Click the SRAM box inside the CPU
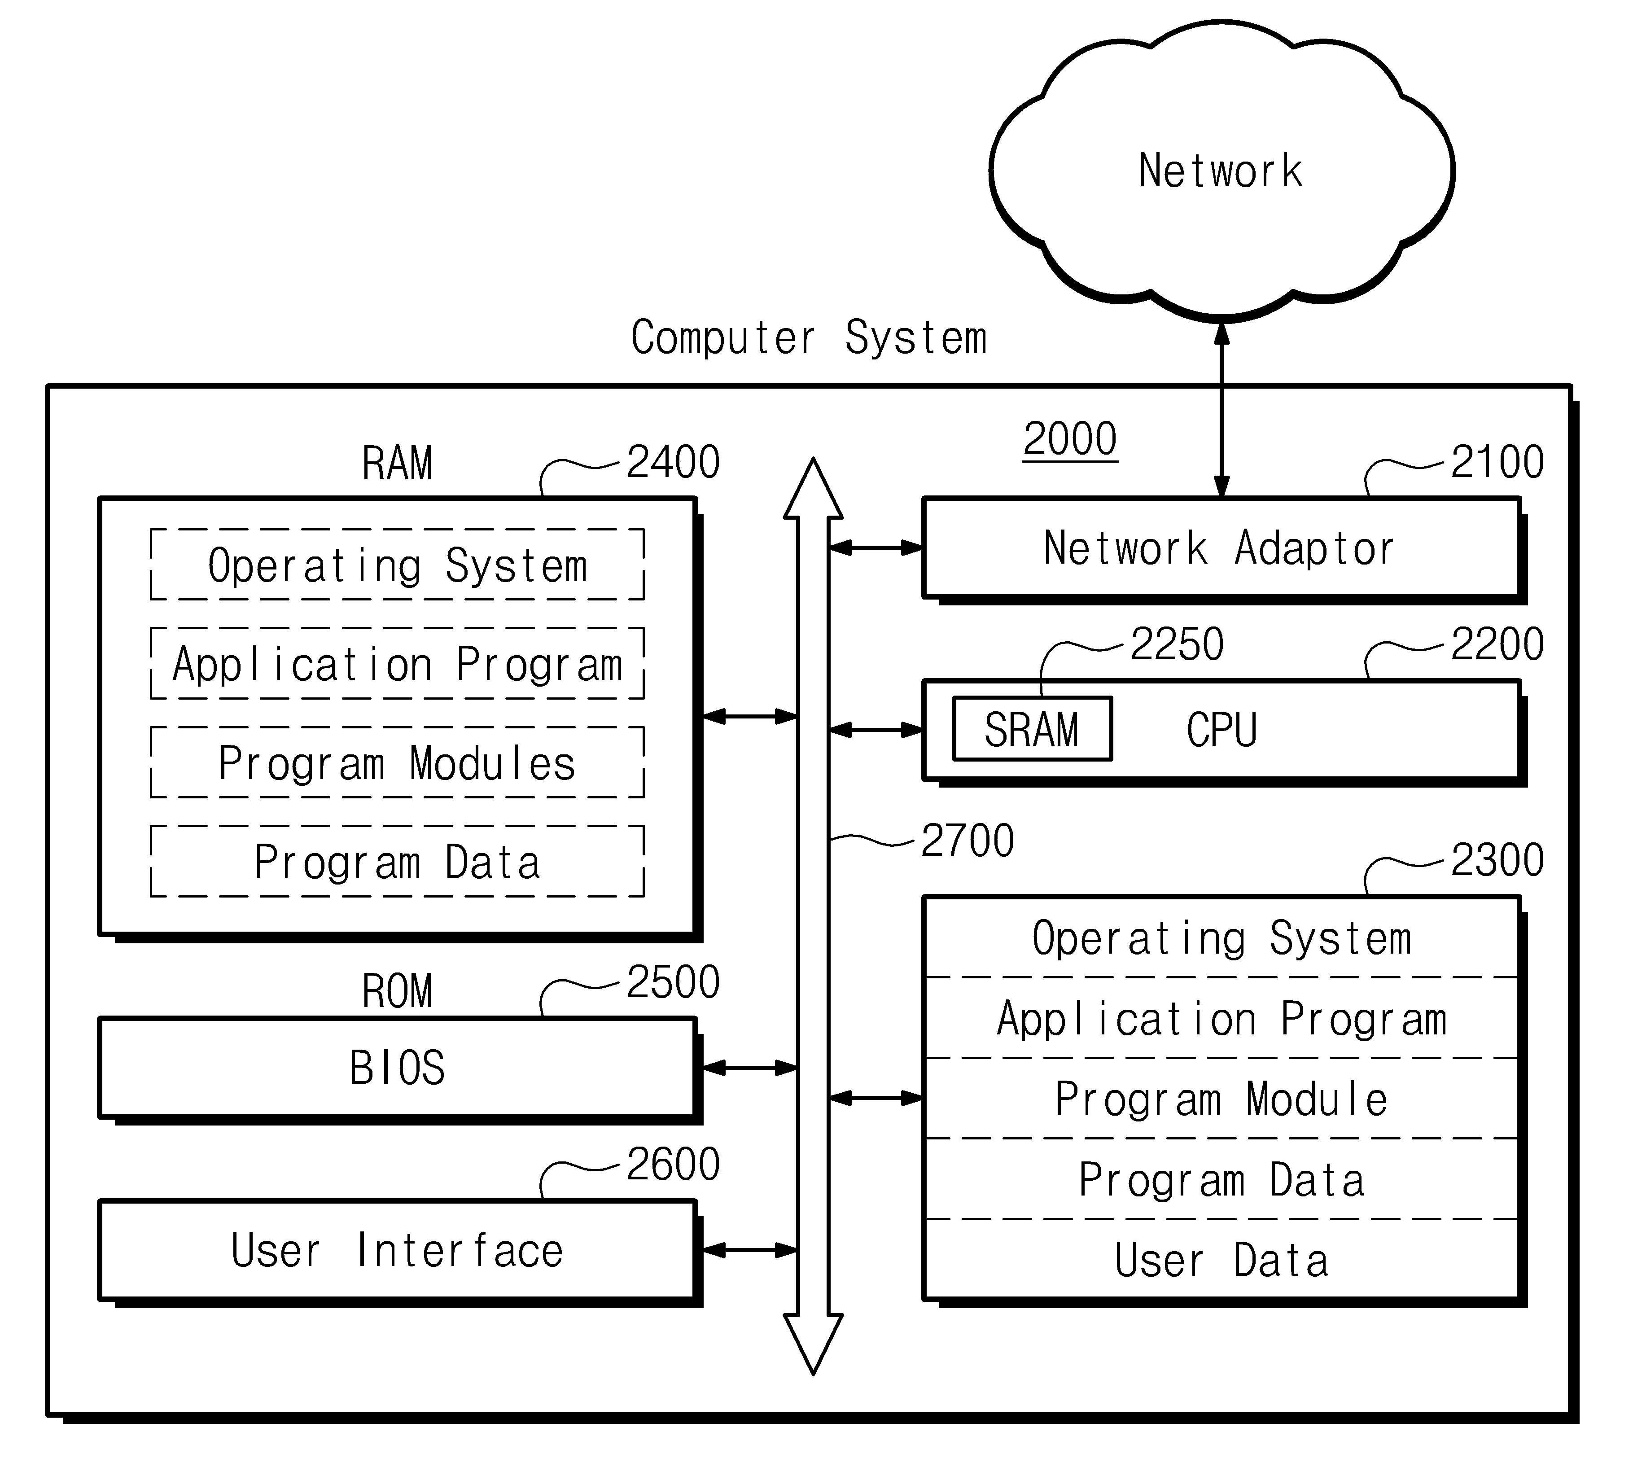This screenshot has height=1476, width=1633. [1033, 728]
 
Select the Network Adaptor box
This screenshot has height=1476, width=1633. [1221, 548]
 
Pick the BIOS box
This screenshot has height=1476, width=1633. [397, 1068]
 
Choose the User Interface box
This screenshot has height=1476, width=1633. [397, 1250]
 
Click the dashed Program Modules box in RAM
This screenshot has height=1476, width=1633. [397, 762]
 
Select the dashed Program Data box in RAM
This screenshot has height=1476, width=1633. [397, 861]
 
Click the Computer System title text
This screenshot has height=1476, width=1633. [808, 338]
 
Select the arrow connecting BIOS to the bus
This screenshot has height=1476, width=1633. [750, 1068]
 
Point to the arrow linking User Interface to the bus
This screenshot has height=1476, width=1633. [750, 1250]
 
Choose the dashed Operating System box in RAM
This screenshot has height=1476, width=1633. [397, 565]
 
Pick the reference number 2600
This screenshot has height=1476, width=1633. [673, 1164]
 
